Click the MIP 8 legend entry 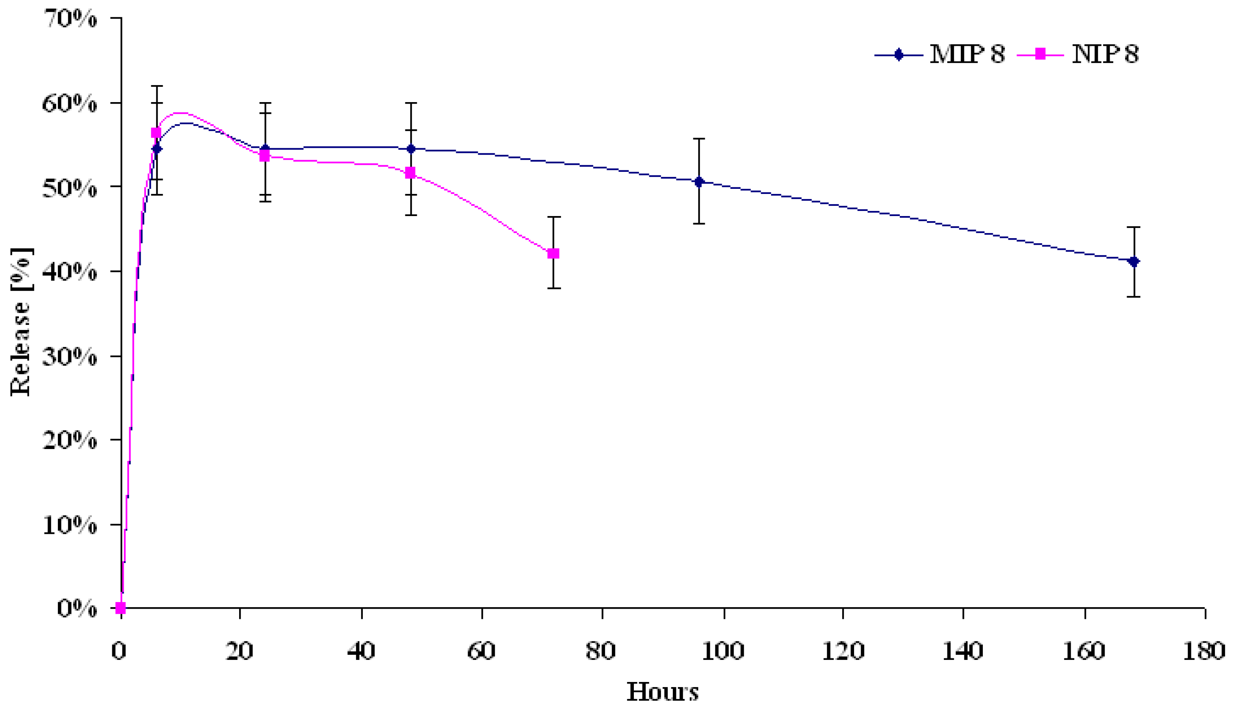(940, 54)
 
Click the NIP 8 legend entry (1079, 54)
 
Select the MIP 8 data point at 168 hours (1134, 261)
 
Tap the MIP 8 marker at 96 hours (699, 182)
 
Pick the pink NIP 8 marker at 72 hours (553, 253)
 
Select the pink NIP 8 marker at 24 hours (265, 157)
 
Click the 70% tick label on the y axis (70, 19)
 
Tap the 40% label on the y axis (70, 272)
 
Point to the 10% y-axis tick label (70, 525)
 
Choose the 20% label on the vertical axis (70, 440)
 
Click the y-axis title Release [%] (20, 322)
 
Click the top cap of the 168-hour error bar (1134, 227)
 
